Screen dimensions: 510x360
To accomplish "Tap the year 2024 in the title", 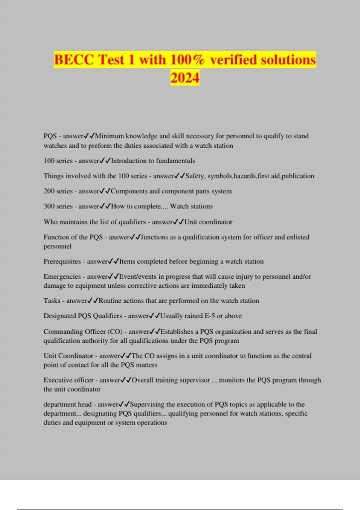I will coord(185,77).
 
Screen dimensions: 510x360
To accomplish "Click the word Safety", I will coord(195,176).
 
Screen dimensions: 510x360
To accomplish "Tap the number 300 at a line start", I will coord(49,206).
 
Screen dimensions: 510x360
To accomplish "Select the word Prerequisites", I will coord(62,261).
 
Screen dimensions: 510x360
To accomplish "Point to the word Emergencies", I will coord(62,276).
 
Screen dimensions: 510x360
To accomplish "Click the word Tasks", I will coord(52,301).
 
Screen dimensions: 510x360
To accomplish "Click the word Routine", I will coord(110,301).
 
